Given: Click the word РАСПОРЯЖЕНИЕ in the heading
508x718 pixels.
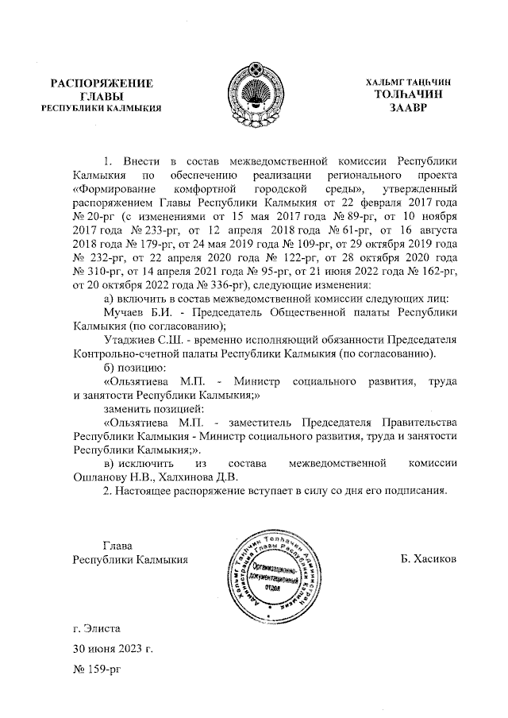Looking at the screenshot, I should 102,83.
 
